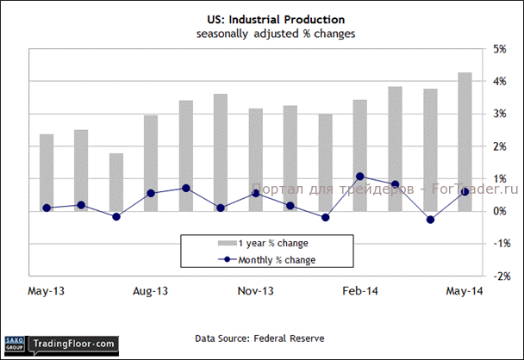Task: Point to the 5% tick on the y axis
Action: point(499,48)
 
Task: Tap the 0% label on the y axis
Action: point(499,211)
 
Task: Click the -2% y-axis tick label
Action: point(497,276)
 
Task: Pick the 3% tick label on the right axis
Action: point(499,114)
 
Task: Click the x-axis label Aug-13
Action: point(151,291)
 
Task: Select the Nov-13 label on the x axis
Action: point(256,291)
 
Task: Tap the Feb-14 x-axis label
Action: point(360,291)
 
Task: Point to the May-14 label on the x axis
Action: point(464,291)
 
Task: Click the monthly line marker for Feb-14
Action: point(360,177)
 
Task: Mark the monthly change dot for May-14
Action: point(465,191)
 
